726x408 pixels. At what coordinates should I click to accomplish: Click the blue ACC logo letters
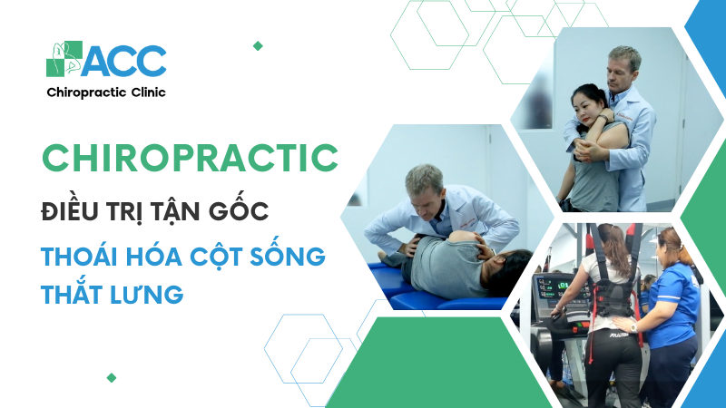coord(124,61)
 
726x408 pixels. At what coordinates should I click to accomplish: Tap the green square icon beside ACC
coord(64,59)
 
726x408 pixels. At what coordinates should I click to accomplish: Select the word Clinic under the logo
coord(148,92)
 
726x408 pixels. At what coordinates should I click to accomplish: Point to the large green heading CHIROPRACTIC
coord(191,158)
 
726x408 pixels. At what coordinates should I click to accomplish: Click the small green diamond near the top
coord(258,46)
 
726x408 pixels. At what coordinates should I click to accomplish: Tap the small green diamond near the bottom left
coord(111,377)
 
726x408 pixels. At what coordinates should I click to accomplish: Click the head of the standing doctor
coord(624,66)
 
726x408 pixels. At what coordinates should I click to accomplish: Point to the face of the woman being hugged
coord(584,107)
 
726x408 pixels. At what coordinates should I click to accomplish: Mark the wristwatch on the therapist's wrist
coord(633,328)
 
